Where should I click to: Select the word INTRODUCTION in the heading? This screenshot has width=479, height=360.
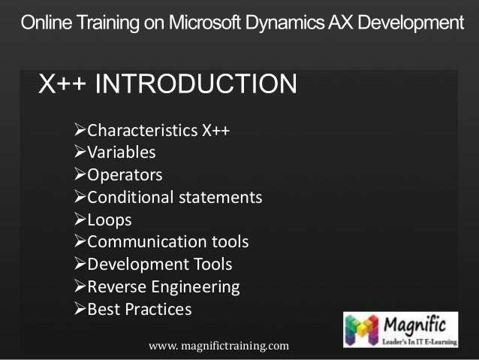tap(197, 85)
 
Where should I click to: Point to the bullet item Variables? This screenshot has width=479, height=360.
tap(122, 153)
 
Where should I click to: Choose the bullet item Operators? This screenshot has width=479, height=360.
tap(125, 175)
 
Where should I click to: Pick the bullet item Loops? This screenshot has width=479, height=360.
tap(110, 220)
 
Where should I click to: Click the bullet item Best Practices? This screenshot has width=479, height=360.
tap(140, 309)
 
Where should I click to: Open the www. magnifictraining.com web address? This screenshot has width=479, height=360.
tap(218, 345)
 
